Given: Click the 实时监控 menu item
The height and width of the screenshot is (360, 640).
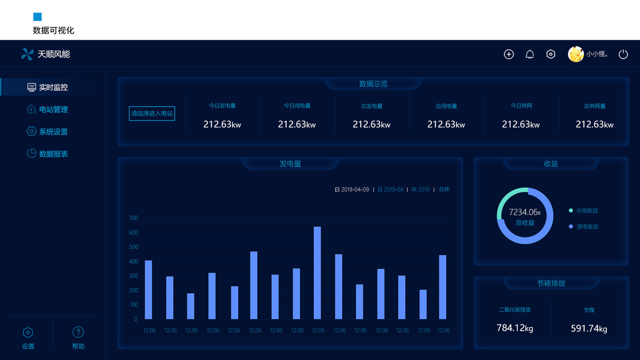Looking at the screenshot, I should tap(53, 87).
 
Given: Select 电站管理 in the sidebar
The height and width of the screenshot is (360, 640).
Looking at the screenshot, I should tap(53, 109).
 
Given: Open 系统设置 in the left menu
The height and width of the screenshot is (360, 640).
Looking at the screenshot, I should tap(53, 131).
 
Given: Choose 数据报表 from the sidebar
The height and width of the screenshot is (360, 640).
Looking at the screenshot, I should tap(53, 154).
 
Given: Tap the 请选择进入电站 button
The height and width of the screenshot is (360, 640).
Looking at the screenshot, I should tap(152, 113).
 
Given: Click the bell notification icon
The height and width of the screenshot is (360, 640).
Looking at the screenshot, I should tap(530, 55).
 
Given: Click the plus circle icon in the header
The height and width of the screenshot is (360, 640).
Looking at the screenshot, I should tap(509, 55).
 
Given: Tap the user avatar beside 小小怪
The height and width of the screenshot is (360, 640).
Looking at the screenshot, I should tap(575, 55).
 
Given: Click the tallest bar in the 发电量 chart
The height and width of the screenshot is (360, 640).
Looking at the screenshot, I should tap(317, 272).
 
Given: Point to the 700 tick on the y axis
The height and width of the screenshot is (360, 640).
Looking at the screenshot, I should tap(133, 218).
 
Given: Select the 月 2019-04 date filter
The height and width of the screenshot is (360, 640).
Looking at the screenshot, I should tap(390, 190).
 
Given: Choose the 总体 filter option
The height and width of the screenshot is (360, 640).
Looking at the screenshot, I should tap(444, 190).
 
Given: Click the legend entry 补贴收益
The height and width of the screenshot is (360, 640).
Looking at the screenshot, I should tap(587, 211).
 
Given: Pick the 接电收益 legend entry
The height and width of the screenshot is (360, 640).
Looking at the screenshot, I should tap(587, 227).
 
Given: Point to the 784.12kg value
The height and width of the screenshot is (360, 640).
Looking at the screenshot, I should tap(515, 328).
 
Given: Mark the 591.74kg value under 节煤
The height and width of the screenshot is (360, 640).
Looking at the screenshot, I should tap(589, 328).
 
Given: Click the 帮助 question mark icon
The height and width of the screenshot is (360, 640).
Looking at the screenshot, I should tap(78, 332).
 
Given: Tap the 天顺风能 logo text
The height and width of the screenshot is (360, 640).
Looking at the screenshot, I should tap(53, 54).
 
